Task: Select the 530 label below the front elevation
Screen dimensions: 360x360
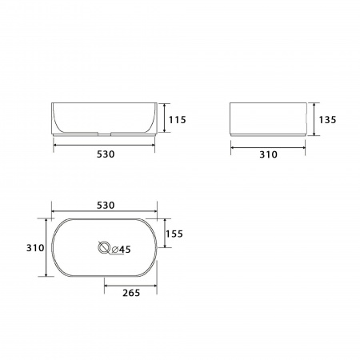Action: [106, 154]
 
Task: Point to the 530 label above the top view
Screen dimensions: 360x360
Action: [106, 205]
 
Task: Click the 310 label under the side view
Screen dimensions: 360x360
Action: [267, 154]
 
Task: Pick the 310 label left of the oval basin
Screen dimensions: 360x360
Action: [34, 248]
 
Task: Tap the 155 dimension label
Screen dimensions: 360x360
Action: [175, 234]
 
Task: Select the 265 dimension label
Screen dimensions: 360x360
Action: [131, 293]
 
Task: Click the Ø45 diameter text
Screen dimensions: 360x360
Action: [121, 250]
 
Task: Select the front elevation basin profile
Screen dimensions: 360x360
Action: [105, 118]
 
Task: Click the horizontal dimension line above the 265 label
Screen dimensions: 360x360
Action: [131, 282]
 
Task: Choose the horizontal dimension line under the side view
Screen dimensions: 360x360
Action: [267, 145]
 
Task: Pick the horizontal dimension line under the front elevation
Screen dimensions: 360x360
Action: [105, 144]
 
